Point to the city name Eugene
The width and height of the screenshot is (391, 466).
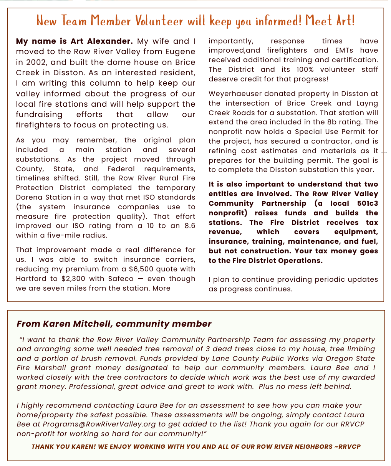pyautogui.click(x=182, y=51)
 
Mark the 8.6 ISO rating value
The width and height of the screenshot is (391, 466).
pyautogui.click(x=188, y=226)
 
